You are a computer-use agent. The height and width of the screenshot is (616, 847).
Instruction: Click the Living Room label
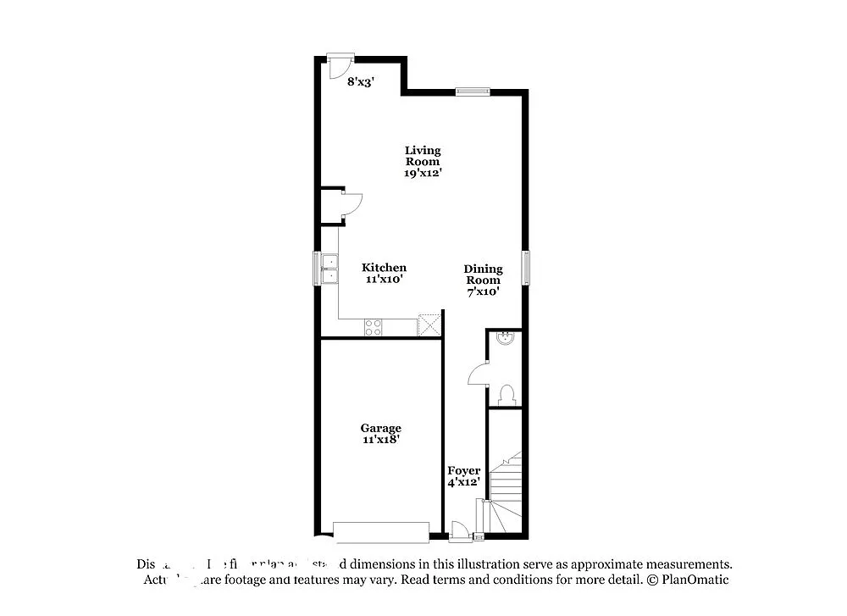tap(422, 156)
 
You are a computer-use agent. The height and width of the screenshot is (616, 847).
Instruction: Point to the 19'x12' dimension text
tap(422, 173)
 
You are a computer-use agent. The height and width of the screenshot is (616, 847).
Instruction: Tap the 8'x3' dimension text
tap(360, 82)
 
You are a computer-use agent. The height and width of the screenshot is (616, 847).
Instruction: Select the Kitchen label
tap(384, 268)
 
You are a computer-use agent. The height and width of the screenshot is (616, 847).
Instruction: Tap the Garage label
tap(380, 429)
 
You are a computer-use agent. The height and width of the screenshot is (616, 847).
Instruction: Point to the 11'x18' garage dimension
tap(380, 440)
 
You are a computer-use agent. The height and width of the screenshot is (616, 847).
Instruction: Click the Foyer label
tap(464, 471)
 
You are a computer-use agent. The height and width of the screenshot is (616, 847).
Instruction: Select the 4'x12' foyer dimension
tap(464, 482)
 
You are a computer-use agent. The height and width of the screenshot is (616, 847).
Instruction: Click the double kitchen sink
tap(328, 268)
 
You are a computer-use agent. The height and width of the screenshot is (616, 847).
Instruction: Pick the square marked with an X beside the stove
tap(430, 325)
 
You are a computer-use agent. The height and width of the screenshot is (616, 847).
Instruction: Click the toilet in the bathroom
tap(507, 394)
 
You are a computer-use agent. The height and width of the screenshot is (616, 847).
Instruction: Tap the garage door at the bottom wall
tap(381, 532)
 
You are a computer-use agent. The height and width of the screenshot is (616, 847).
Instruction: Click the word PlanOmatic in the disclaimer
tap(693, 580)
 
